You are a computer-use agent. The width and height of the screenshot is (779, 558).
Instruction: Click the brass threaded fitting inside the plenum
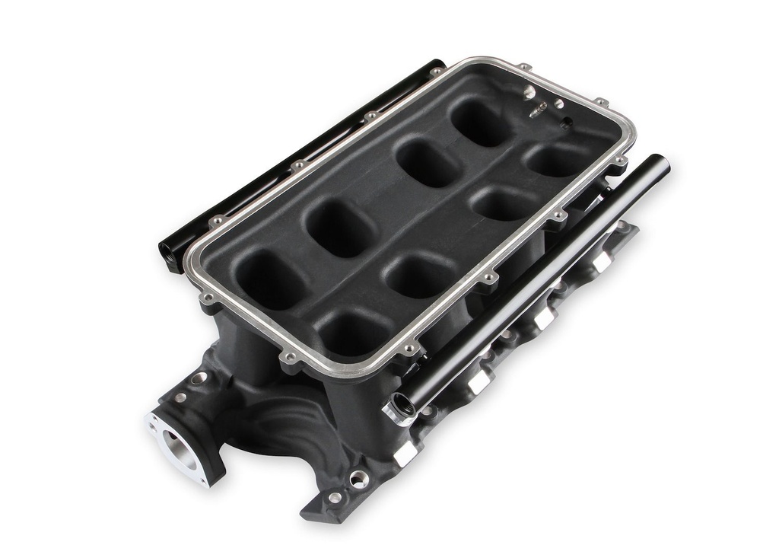point(539,110)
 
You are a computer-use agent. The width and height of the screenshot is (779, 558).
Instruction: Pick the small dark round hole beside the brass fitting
point(566,123)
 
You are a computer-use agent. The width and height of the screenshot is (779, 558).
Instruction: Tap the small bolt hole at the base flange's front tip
point(335,498)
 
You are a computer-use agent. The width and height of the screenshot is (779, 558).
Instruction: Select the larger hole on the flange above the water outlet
point(199,378)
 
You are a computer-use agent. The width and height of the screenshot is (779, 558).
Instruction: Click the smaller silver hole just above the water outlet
point(180,397)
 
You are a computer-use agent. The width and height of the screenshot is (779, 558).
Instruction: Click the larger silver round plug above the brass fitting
point(529,91)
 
